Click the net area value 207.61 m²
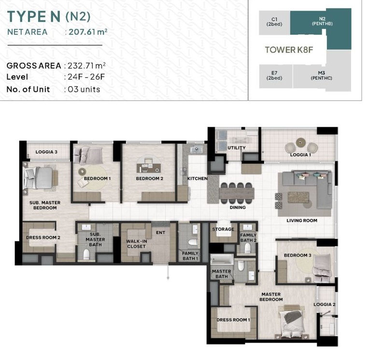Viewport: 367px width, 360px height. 88,32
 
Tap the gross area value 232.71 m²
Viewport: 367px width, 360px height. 86,66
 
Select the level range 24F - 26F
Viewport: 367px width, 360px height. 86,77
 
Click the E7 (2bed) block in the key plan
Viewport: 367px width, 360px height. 276,76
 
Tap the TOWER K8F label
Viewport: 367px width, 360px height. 289,50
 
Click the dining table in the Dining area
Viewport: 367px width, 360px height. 237,194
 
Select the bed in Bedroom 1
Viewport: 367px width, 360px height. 88,155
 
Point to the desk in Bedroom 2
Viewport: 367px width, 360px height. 149,167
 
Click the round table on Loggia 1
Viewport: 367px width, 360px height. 300,142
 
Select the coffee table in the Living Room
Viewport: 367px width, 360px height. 298,197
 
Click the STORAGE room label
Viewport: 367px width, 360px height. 223,229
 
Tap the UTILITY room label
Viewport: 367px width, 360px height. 237,148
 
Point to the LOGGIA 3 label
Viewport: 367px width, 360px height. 46,152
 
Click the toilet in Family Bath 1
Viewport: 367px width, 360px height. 193,242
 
